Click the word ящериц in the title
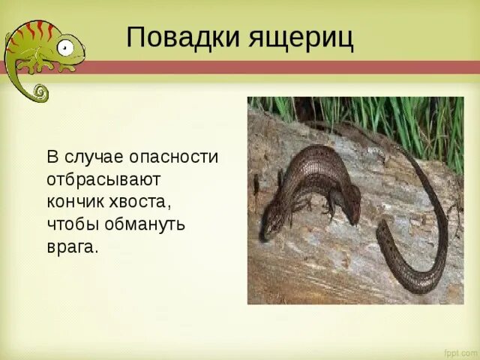click(298, 37)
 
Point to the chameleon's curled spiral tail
click(38, 92)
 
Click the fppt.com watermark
click(459, 352)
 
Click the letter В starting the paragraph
click(52, 158)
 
